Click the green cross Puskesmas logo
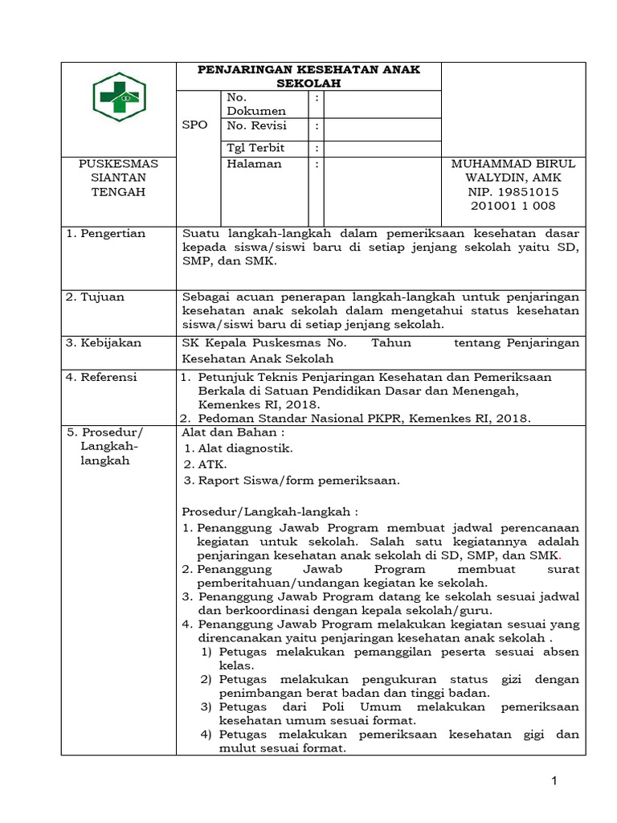tap(117, 96)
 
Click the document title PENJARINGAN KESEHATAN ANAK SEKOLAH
tap(308, 76)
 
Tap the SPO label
tap(194, 125)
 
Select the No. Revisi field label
tap(256, 126)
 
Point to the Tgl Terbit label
tap(255, 148)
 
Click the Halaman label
tap(255, 163)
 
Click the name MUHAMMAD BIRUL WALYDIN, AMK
tap(513, 170)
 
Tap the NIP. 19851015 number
tap(513, 192)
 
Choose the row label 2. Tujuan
tap(96, 297)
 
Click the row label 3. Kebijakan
tap(104, 342)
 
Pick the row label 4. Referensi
tap(102, 376)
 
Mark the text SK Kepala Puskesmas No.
tap(264, 342)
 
